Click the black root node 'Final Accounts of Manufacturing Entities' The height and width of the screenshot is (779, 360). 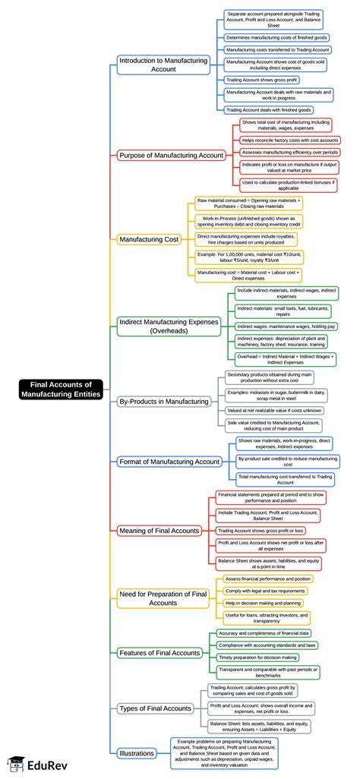pyautogui.click(x=61, y=389)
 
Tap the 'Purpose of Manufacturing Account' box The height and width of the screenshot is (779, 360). pyautogui.click(x=171, y=155)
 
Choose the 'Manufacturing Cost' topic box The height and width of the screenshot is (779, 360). pyautogui.click(x=149, y=240)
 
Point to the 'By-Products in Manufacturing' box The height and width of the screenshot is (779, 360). pyautogui.click(x=163, y=401)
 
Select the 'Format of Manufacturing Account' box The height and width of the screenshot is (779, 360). pyautogui.click(x=169, y=461)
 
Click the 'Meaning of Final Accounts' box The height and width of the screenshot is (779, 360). pyautogui.click(x=159, y=530)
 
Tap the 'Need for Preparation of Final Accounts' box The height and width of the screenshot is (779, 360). pyautogui.click(x=163, y=598)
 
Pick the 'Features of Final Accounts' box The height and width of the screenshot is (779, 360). pyautogui.click(x=159, y=652)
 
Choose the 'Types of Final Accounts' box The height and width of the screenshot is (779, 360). pyautogui.click(x=155, y=708)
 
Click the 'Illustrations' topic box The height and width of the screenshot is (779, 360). pyautogui.click(x=137, y=753)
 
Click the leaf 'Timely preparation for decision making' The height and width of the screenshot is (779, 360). pyautogui.click(x=258, y=657)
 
